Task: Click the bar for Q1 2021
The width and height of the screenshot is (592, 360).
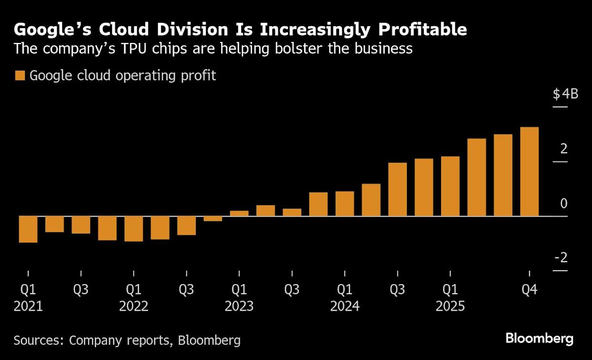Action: [x=28, y=229]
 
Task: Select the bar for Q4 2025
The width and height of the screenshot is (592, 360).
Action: [x=529, y=172]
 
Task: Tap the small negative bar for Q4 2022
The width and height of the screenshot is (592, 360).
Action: [x=213, y=218]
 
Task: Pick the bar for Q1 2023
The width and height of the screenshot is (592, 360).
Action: [x=239, y=213]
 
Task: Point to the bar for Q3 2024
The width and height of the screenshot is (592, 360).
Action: [x=398, y=189]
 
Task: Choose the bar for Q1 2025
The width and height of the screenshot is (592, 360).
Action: [x=450, y=186]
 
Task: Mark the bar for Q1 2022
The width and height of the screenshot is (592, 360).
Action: [x=134, y=229]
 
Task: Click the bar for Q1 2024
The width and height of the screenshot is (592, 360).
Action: [x=345, y=204]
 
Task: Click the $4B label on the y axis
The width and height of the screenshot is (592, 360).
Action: [x=565, y=94]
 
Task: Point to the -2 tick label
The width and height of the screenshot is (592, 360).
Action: [x=561, y=258]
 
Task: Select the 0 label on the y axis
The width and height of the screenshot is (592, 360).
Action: [x=564, y=203]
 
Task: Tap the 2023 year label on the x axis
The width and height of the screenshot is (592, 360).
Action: [x=239, y=306]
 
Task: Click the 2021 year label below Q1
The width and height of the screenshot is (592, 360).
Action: [x=28, y=306]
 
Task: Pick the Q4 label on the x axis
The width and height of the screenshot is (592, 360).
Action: [x=529, y=289]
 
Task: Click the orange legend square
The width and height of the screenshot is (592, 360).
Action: [x=20, y=76]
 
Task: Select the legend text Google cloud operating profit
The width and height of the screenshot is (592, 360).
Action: [x=123, y=76]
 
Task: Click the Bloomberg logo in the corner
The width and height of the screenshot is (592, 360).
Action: [x=539, y=339]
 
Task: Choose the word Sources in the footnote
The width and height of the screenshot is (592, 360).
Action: [x=38, y=340]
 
